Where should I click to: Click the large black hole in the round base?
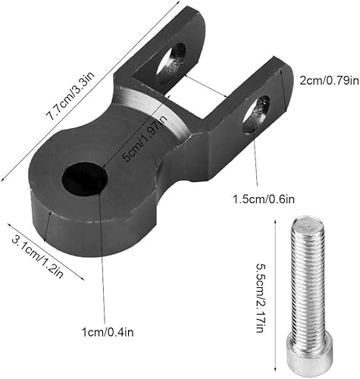tap(84, 179)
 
